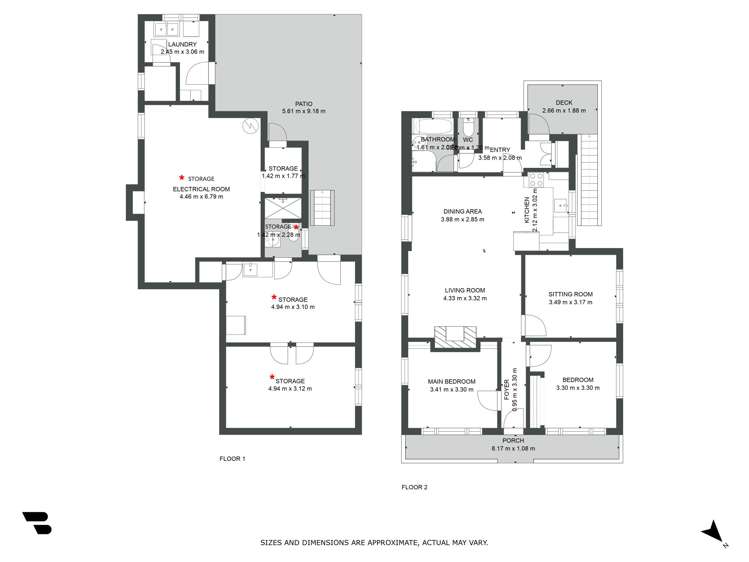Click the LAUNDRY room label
pos(180,44)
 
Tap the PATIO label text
pos(304,101)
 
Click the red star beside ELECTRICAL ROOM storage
pos(181,177)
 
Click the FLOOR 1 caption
pos(232,458)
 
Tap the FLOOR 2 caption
pos(414,487)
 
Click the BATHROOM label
pos(438,139)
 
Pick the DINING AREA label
pos(462,211)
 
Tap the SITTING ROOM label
pos(570,294)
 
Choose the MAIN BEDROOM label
pos(450,380)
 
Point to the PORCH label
pos(512,440)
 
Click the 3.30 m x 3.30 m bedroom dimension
pos(577,388)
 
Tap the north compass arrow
pos(711,531)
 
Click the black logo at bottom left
pos(37,523)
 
